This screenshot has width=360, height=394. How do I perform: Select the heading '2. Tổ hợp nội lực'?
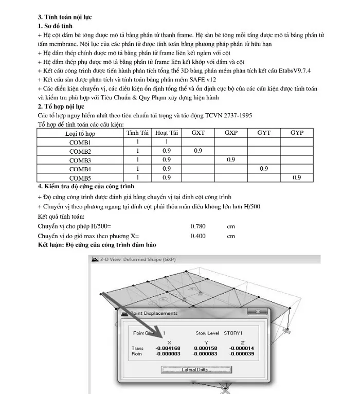[x=61, y=106]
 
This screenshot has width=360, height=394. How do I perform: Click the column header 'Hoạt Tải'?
[x=166, y=133]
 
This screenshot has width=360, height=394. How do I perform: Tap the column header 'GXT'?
[x=198, y=133]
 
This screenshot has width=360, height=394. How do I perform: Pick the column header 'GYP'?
[x=297, y=133]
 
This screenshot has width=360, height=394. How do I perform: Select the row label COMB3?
[x=80, y=160]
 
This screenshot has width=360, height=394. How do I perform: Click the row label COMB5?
[x=80, y=178]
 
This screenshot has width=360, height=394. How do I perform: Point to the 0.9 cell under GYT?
[x=264, y=169]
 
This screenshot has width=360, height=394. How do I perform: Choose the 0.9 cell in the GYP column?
[x=297, y=177]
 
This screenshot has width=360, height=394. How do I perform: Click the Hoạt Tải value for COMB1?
[x=166, y=142]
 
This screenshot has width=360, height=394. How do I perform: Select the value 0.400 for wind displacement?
[x=198, y=236]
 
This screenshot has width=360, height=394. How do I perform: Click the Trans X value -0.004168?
[x=168, y=348]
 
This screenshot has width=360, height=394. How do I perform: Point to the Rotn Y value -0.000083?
[x=205, y=354]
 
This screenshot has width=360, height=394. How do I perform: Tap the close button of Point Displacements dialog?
[x=257, y=312]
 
